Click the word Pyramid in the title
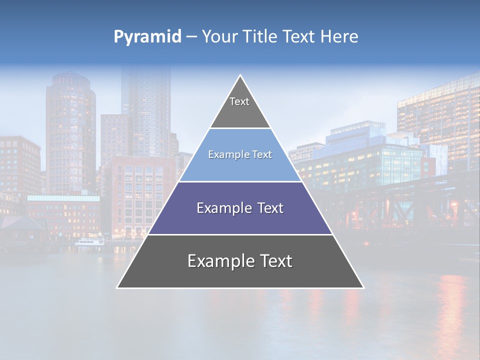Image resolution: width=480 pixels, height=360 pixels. (x=147, y=36)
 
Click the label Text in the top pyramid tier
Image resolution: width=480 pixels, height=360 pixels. (x=239, y=101)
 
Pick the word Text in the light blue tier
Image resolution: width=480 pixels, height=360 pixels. (x=263, y=155)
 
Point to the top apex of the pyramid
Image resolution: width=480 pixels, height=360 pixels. (x=240, y=76)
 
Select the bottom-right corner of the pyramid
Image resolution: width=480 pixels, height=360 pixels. (x=363, y=287)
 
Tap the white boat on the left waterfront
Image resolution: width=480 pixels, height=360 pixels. (x=89, y=242)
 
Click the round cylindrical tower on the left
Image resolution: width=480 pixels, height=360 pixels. (x=70, y=130)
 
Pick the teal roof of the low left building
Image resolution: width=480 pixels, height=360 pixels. (x=63, y=198)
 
